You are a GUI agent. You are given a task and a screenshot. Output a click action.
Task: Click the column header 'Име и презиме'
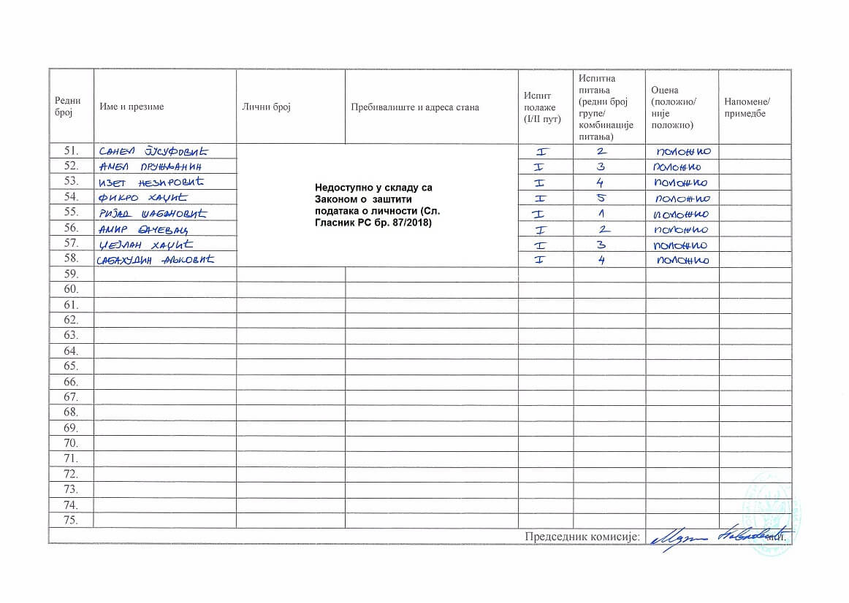[132, 107]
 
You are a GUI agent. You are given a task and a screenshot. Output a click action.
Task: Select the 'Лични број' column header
[266, 107]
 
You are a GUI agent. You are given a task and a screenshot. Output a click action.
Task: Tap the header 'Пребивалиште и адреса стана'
[414, 107]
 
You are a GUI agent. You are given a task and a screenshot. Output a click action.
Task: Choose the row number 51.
[72, 151]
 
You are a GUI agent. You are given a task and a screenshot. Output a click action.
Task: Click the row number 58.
[72, 259]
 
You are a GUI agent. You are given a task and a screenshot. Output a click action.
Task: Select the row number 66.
[72, 382]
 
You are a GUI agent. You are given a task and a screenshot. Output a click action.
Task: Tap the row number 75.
[72, 521]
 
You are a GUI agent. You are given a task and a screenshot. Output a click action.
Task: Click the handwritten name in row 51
[153, 152]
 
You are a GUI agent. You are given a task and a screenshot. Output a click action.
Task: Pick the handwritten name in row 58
[156, 260]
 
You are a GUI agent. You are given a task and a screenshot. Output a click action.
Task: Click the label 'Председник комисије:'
[582, 537]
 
